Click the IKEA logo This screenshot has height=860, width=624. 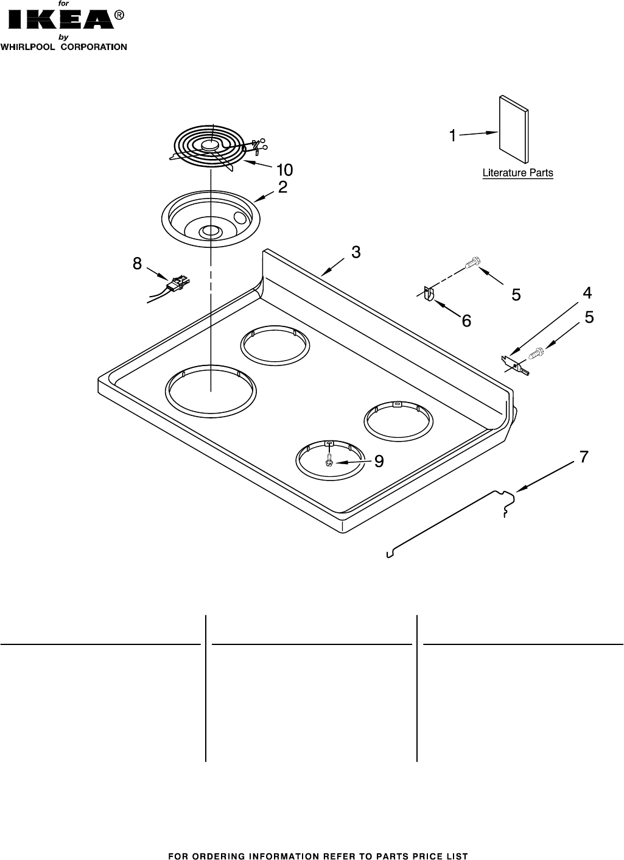pos(60,19)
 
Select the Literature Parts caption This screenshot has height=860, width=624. pos(517,173)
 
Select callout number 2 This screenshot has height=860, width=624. pos(282,188)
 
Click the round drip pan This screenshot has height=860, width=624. pos(211,221)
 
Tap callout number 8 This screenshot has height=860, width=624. pos(137,264)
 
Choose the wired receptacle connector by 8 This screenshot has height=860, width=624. pos(177,283)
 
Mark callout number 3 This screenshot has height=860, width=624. pos(356,252)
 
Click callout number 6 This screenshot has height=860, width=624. pos(466,321)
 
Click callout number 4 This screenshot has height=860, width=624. pos(586,293)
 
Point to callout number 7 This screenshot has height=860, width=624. pos(583,456)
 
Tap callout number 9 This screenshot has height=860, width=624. pos(379,462)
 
